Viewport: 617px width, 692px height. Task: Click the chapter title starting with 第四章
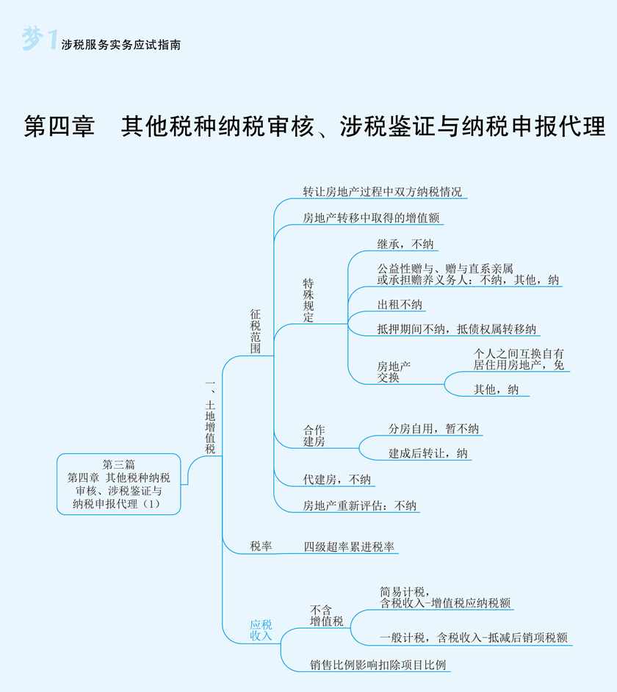(314, 126)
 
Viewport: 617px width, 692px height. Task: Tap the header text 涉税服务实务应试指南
(121, 45)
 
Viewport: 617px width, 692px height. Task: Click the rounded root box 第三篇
(118, 484)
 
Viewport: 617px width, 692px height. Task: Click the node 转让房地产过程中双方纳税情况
(383, 192)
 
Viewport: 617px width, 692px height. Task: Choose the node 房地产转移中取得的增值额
(373, 218)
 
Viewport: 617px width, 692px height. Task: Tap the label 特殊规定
(308, 300)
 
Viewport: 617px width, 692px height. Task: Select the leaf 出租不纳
(400, 305)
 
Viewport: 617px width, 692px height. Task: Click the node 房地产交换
(394, 372)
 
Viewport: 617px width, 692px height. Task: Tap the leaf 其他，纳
(496, 389)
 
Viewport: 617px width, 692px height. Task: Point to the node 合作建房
(314, 436)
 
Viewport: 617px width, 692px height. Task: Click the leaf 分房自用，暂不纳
(433, 428)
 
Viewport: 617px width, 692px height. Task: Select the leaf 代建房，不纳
(337, 479)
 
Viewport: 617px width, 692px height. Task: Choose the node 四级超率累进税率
(349, 547)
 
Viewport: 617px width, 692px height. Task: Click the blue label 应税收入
(261, 630)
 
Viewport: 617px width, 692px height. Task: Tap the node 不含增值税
(326, 616)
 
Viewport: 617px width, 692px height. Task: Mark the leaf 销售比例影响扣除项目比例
(378, 665)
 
